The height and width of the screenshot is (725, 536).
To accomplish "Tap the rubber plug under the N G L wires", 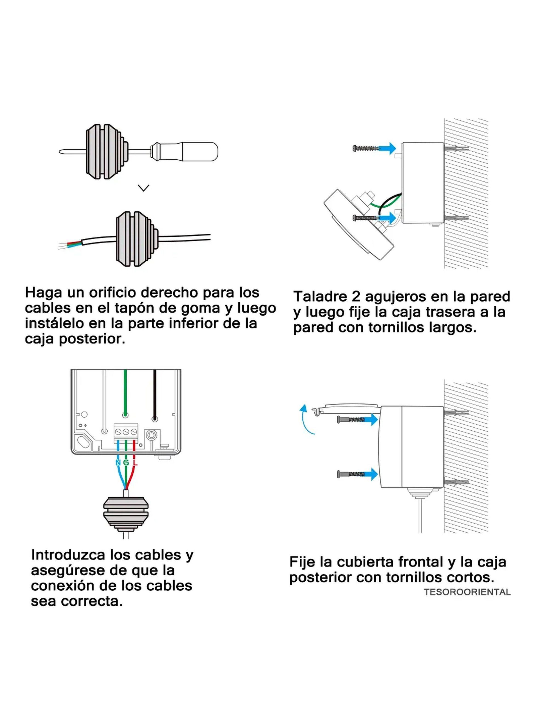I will coord(126,514).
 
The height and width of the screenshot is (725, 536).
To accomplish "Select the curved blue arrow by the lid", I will coord(305,419).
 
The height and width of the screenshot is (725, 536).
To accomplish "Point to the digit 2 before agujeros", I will coord(356,296).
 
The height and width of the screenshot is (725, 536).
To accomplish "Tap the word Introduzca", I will coord(67,555).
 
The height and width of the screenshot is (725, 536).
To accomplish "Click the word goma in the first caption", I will coord(200,308).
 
